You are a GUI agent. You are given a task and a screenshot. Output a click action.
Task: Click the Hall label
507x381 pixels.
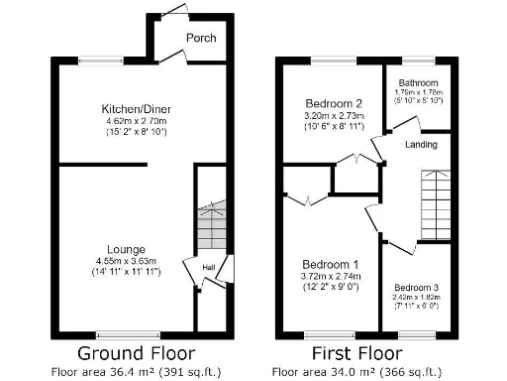point(209,267)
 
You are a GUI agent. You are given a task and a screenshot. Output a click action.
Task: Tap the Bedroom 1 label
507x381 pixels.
point(331,264)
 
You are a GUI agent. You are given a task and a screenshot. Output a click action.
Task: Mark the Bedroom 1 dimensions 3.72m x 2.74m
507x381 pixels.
point(331,276)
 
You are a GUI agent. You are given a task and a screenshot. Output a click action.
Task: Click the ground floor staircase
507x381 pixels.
point(210,229)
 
